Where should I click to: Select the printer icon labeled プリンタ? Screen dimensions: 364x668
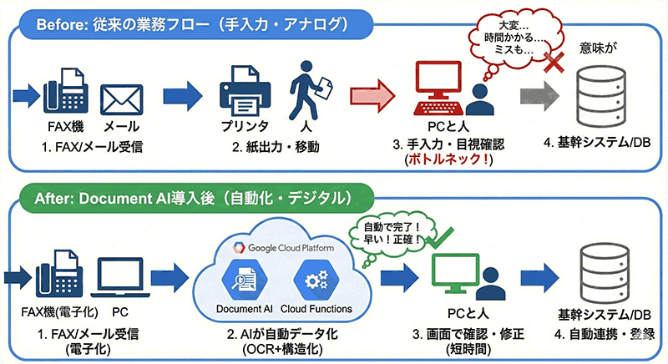click(244, 94)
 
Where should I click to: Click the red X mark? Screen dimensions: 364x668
click(550, 64)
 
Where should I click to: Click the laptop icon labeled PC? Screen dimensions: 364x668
click(118, 276)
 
